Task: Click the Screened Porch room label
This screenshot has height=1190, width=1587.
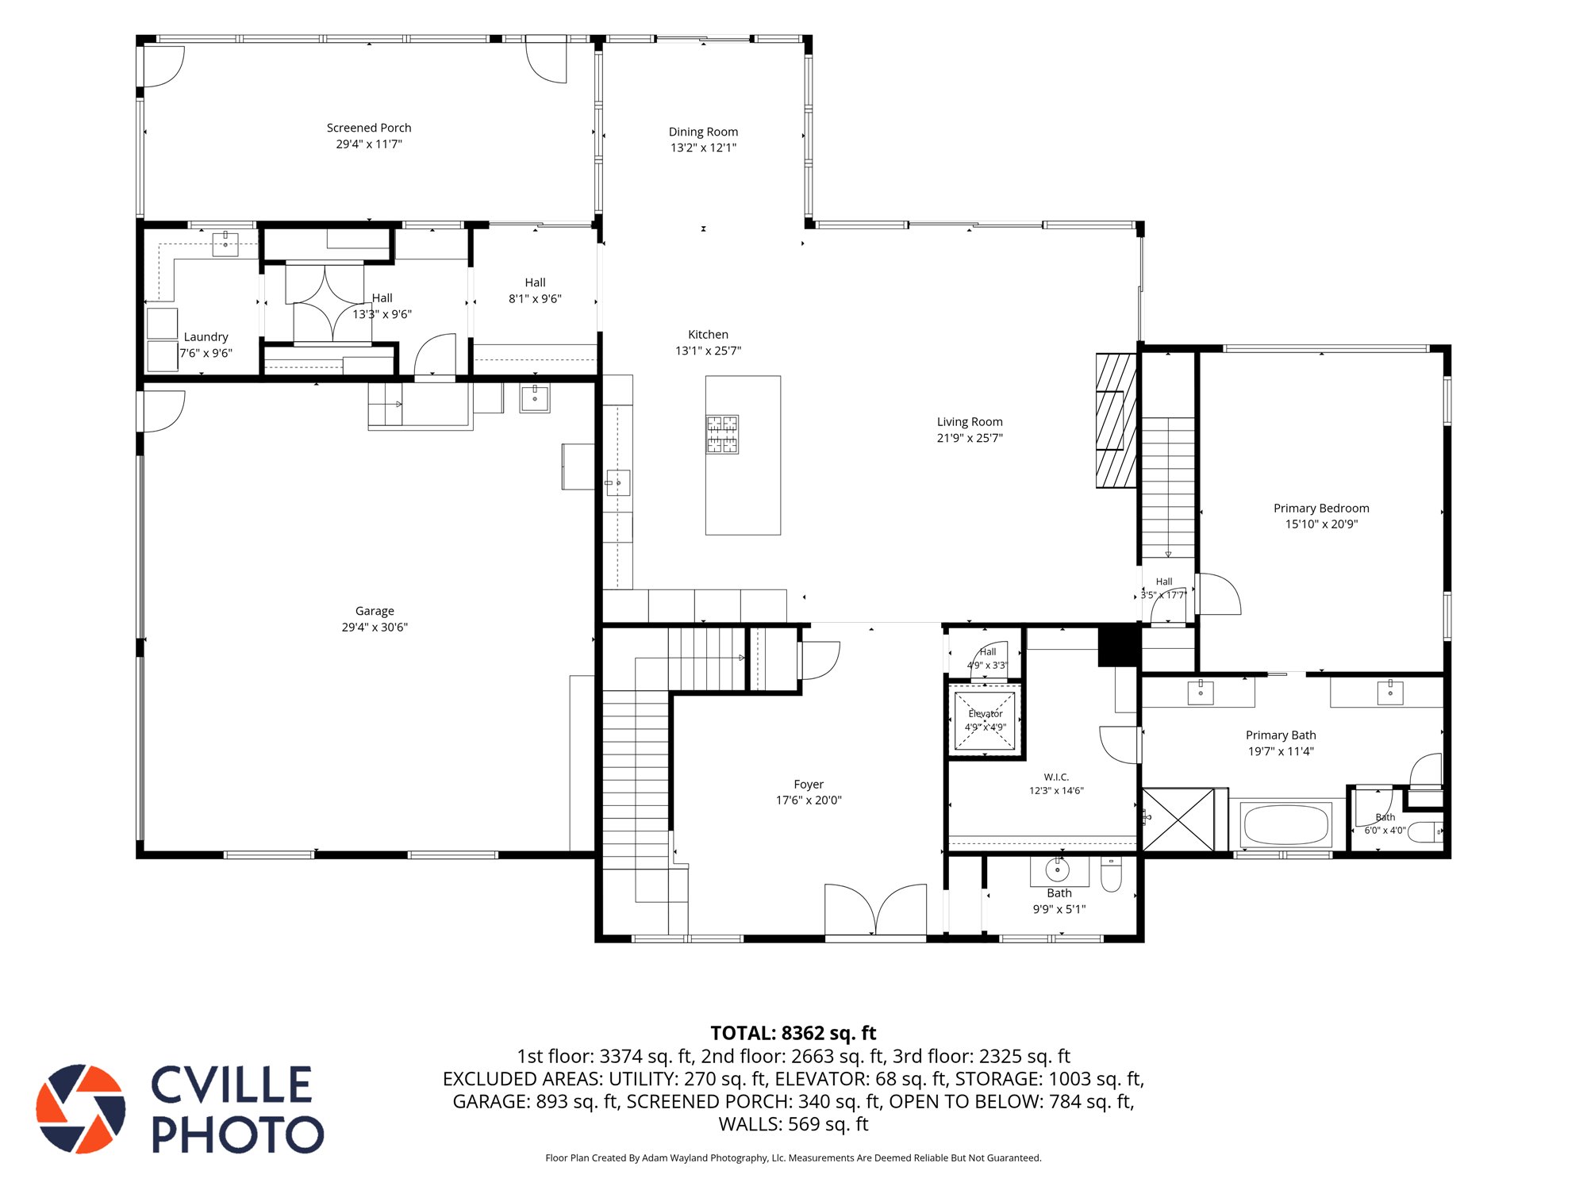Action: (369, 128)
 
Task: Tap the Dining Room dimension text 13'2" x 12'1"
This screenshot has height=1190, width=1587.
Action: (703, 148)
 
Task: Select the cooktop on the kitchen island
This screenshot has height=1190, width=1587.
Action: (722, 435)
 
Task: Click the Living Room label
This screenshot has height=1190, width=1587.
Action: (970, 422)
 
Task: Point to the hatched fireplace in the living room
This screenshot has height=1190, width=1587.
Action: (1116, 420)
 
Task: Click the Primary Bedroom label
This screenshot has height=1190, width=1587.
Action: (1321, 509)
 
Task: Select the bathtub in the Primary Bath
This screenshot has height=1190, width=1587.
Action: (1286, 825)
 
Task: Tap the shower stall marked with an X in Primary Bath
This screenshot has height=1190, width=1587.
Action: (1178, 820)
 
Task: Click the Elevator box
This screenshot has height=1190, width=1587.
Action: (985, 720)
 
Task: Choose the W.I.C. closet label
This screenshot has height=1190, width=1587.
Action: (1056, 777)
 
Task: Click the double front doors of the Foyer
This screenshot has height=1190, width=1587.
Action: (875, 911)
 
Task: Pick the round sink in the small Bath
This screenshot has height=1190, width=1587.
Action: (1057, 870)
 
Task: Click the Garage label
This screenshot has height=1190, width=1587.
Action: (375, 611)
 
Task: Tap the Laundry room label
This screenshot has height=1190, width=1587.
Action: (206, 337)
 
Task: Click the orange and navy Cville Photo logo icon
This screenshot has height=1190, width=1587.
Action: (81, 1108)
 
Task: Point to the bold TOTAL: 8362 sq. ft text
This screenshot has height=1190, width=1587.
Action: (793, 1033)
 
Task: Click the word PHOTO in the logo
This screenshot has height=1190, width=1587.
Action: (238, 1134)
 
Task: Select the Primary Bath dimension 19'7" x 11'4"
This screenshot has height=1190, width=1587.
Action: (1281, 751)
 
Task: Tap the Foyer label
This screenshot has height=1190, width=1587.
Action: (809, 785)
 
